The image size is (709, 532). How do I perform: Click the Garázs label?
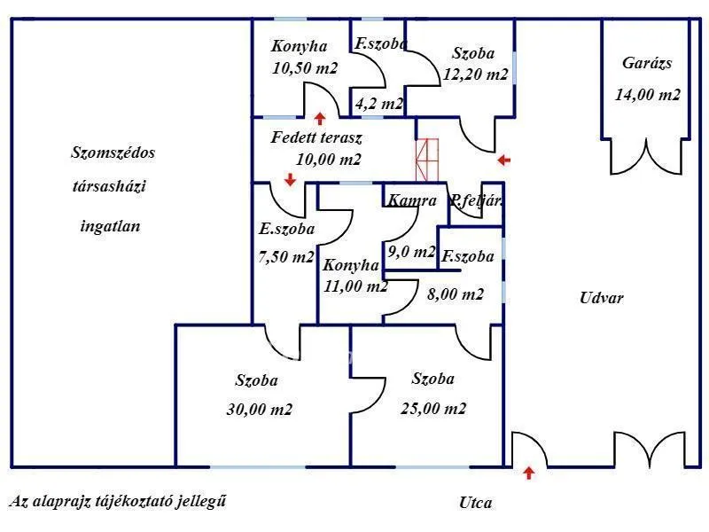point(647,63)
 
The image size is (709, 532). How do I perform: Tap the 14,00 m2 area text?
point(648,95)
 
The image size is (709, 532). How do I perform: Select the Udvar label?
point(602,298)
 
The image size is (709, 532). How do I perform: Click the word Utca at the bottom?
point(476,503)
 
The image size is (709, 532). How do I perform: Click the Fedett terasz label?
point(316,137)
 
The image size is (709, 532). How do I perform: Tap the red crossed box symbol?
point(427,159)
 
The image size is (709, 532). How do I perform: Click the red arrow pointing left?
point(503,160)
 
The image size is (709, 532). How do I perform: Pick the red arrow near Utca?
point(529,473)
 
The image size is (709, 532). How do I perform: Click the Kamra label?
point(411,200)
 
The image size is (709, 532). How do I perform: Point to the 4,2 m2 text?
point(378,104)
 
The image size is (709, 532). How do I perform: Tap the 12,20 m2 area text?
point(476,75)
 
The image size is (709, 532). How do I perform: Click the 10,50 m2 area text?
point(305,67)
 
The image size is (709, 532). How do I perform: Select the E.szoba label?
point(287,229)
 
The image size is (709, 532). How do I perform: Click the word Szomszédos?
point(113,153)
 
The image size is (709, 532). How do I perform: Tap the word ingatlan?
point(110,226)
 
